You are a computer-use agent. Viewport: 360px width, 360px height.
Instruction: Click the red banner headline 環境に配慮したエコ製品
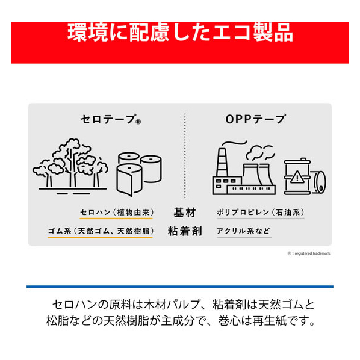click(x=180, y=32)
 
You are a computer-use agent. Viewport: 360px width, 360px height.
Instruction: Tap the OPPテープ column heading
click(x=256, y=119)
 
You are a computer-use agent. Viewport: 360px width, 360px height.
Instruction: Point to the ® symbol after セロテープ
click(x=138, y=122)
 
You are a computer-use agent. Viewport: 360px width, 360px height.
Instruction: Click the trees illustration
click(x=70, y=166)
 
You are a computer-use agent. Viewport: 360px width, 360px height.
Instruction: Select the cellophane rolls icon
click(x=139, y=174)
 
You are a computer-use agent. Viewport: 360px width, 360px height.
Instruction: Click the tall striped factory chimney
click(x=222, y=163)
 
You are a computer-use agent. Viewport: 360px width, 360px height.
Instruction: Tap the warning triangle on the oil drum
click(x=297, y=177)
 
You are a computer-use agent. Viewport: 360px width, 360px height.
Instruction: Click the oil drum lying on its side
click(x=318, y=182)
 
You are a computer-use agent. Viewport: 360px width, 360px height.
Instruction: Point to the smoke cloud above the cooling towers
click(x=260, y=152)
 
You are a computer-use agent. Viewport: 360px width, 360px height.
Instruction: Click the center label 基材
click(x=185, y=213)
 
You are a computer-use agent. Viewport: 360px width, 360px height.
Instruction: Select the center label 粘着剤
click(x=185, y=231)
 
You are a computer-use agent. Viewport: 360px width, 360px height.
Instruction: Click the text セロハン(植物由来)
click(x=117, y=213)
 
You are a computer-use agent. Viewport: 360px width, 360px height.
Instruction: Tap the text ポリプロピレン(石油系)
click(x=261, y=213)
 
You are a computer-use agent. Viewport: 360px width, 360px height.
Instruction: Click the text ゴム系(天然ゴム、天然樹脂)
click(x=101, y=231)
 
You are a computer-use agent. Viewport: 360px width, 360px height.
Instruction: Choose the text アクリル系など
click(x=243, y=231)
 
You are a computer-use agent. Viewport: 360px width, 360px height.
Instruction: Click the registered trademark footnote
click(x=309, y=253)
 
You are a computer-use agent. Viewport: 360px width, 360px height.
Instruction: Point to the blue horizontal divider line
click(x=180, y=287)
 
